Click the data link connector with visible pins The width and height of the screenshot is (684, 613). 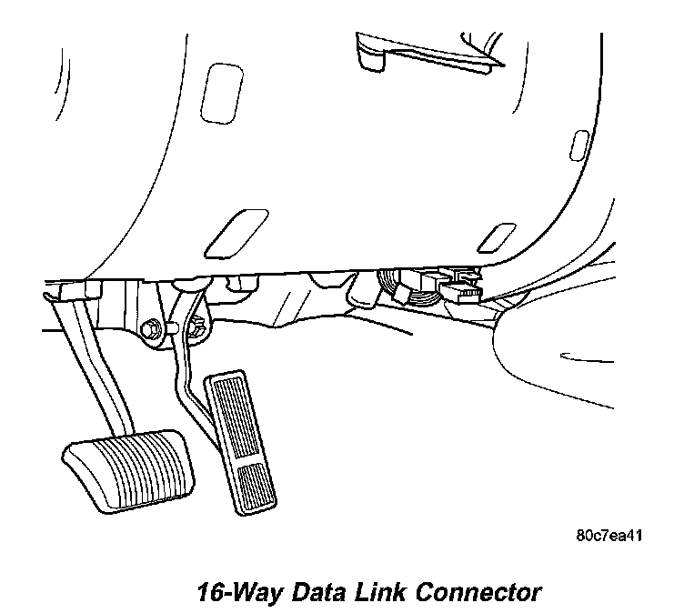coord(462,292)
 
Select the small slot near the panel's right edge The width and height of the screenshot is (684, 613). coord(578,146)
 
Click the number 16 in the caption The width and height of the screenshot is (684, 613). coord(214,593)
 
